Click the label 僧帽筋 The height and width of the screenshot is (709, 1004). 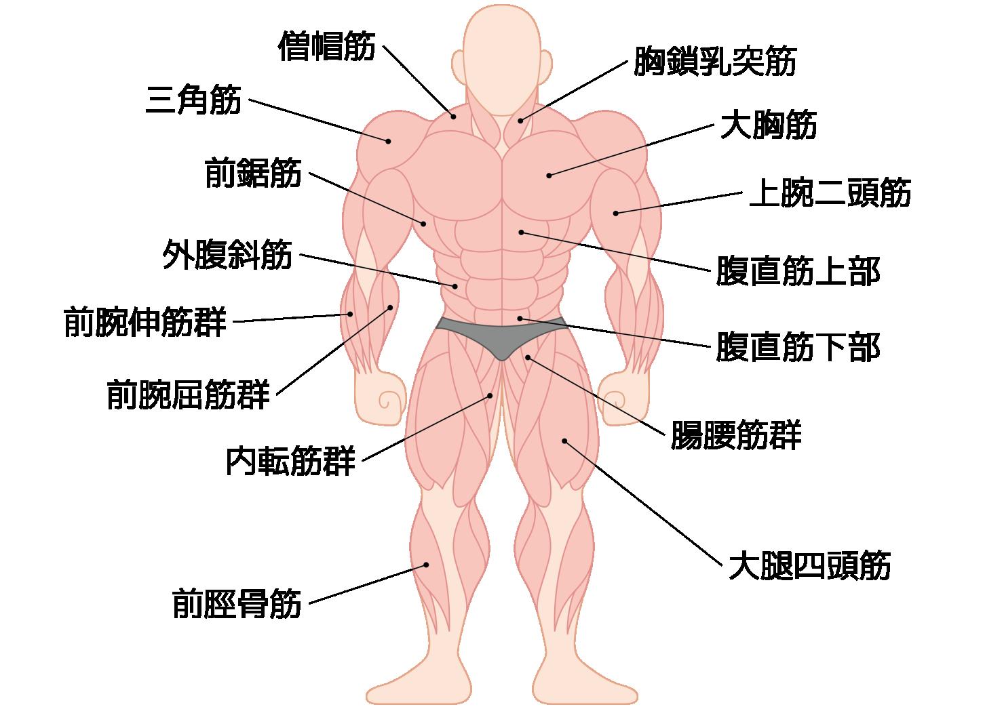click(x=327, y=46)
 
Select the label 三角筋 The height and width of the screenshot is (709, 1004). click(x=193, y=99)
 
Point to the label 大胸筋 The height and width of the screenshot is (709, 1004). click(x=769, y=124)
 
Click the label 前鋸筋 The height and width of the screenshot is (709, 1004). click(x=253, y=172)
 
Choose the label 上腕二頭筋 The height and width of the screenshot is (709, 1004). click(x=830, y=193)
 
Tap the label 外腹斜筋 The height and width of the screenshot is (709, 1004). click(x=228, y=254)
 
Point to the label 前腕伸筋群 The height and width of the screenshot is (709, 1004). click(x=145, y=321)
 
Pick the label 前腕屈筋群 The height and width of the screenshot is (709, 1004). click(x=189, y=394)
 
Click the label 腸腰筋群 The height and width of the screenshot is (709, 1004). click(x=737, y=434)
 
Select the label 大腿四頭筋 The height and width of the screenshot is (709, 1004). click(x=809, y=566)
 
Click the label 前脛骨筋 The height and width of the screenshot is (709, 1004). click(x=237, y=604)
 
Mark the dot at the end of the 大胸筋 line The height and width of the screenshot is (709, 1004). click(x=549, y=176)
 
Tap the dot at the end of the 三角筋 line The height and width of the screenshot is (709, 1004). click(x=389, y=142)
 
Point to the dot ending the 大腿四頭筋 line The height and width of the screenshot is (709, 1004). click(x=564, y=441)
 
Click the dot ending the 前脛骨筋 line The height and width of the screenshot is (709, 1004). click(x=427, y=565)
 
